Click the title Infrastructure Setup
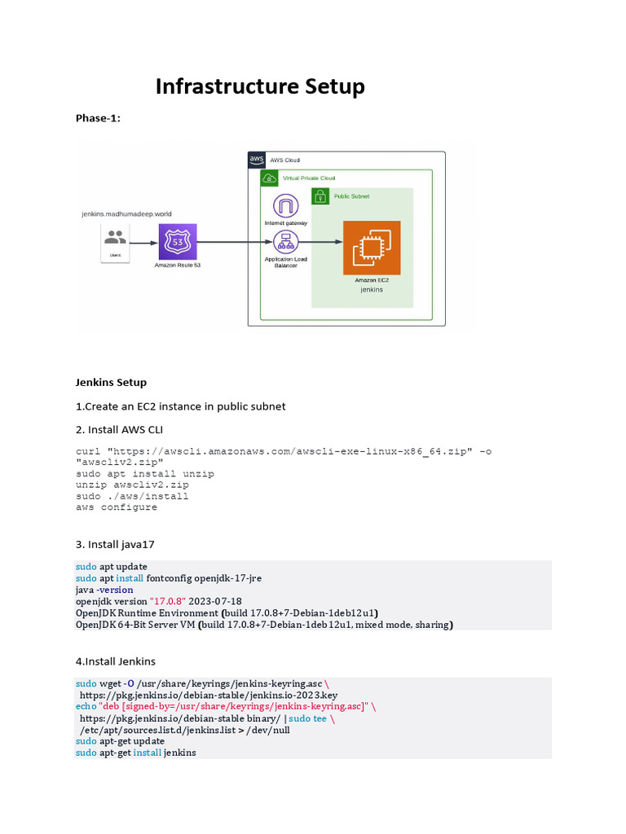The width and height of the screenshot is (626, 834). [x=260, y=86]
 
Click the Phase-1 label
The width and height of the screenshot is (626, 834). [x=98, y=118]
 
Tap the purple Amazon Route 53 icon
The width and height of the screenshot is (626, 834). [x=178, y=243]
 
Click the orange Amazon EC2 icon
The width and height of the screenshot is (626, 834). [x=372, y=248]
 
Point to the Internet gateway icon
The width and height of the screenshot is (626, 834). [x=285, y=206]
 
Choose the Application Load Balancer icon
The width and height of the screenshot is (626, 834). [x=285, y=242]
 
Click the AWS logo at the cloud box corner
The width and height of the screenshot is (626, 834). [x=257, y=160]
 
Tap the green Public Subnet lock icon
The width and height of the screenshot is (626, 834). [x=320, y=196]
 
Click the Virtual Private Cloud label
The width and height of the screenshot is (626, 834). [x=308, y=178]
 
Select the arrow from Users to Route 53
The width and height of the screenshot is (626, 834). [x=144, y=243]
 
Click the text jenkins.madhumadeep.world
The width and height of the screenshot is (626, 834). [x=126, y=213]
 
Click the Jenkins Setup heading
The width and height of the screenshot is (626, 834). [x=111, y=382]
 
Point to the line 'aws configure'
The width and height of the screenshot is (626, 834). [x=117, y=507]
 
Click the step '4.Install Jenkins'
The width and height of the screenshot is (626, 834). [x=116, y=661]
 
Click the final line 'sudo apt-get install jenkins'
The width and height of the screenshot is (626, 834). [x=135, y=753]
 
